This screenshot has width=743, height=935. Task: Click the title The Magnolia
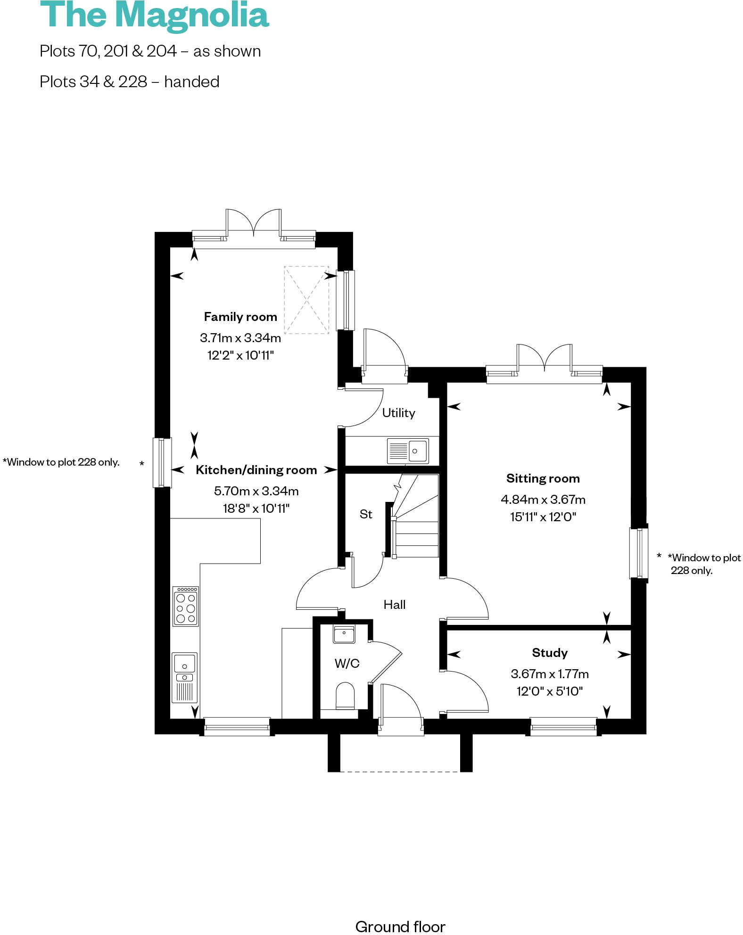pos(154,15)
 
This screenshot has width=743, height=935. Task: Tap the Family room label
pos(240,317)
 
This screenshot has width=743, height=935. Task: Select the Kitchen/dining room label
pos(256,470)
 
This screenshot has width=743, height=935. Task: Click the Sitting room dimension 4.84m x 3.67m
pos(543,499)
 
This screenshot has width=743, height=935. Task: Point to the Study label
pos(549,653)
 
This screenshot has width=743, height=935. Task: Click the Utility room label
pos(398,413)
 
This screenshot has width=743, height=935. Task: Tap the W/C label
pos(347,664)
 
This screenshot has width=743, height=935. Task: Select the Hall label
pos(394,605)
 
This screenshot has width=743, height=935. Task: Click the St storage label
pos(366,514)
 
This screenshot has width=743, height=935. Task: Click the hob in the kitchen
pos(185,606)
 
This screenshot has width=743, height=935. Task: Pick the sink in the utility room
pos(408,451)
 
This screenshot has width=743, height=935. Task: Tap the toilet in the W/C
pos(345,696)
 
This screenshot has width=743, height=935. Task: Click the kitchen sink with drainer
pos(184,677)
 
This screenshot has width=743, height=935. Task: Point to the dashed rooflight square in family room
pos(306,300)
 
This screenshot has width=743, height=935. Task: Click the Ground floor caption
pos(400,927)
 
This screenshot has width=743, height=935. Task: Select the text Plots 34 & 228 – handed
pos(129,82)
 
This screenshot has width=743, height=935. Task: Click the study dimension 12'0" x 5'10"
pos(549,691)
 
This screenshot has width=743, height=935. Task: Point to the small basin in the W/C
pos(344,634)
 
